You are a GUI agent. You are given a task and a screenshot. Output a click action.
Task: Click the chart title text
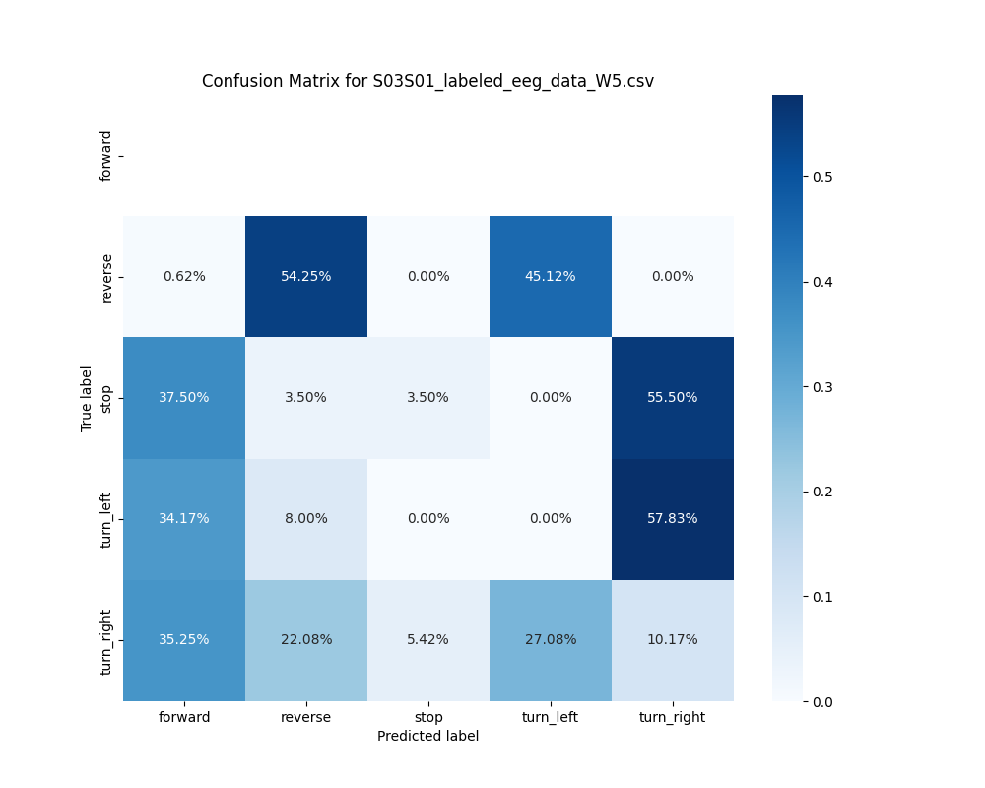[x=427, y=81]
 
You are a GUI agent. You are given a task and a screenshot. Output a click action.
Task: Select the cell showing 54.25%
[x=306, y=276]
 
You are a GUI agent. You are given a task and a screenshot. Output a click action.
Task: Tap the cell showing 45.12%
[x=550, y=276]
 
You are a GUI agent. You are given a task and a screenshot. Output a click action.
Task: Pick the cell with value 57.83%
[x=672, y=518]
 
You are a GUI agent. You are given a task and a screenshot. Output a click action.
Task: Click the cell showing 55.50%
[x=672, y=397]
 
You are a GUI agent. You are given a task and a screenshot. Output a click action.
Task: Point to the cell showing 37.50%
[x=184, y=397]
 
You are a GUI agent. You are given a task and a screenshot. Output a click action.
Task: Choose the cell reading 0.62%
[x=184, y=276]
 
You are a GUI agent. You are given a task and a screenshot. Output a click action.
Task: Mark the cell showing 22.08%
[x=306, y=639]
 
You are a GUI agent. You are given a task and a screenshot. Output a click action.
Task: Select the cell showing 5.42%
[x=427, y=639]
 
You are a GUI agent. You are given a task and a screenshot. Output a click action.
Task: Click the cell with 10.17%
[x=672, y=639]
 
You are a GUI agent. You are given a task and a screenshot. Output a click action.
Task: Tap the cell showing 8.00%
[x=306, y=518]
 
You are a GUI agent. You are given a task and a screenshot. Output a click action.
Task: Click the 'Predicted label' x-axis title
[x=427, y=736]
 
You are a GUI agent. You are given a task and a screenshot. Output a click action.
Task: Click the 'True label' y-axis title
[x=87, y=398]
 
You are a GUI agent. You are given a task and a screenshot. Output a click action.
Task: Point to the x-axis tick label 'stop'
[x=427, y=717]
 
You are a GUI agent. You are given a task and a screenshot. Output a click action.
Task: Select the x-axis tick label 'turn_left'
[x=550, y=717]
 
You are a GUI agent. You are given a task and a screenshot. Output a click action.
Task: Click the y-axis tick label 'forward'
[x=106, y=156]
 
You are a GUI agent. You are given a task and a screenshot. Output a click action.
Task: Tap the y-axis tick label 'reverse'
[x=106, y=277]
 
